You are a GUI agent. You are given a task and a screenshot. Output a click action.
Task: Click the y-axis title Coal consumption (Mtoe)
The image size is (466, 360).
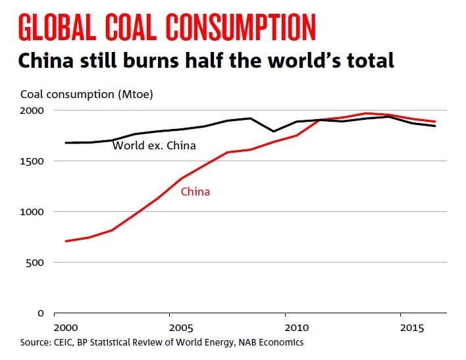click(87, 95)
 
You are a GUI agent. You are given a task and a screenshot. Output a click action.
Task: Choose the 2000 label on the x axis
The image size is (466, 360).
click(66, 328)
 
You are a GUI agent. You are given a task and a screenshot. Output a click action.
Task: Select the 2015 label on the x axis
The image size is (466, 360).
click(411, 328)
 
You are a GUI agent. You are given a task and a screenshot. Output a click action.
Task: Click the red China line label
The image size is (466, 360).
click(195, 192)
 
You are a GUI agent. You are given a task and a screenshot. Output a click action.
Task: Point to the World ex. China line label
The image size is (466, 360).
click(154, 145)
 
